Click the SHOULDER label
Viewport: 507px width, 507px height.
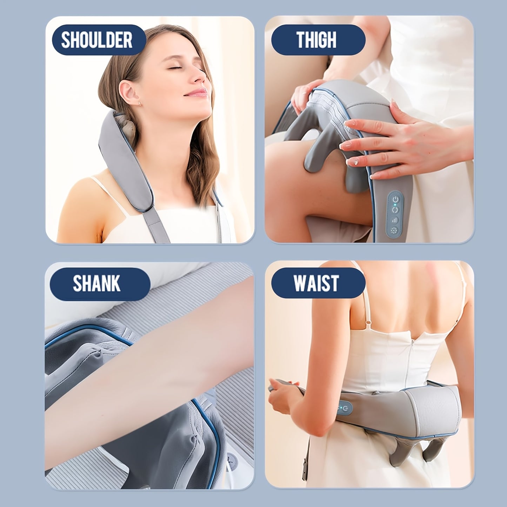97,40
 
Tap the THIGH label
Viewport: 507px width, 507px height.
316,40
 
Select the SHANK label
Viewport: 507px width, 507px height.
97,283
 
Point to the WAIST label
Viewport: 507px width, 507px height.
316,283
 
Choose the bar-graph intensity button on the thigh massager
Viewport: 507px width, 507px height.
395,220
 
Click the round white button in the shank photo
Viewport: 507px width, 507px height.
232,458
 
